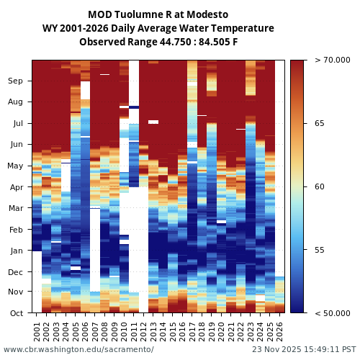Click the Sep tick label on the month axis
click(15, 81)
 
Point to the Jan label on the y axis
click(15, 251)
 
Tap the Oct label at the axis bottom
click(15, 313)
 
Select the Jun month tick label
click(15, 144)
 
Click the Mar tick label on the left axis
click(15, 208)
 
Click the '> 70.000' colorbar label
click(330, 60)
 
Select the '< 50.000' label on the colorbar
click(330, 313)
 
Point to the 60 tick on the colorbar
click(320, 186)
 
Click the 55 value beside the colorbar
click(320, 250)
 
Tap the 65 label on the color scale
click(320, 124)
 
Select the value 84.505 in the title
click(208, 42)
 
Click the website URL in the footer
click(78, 349)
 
